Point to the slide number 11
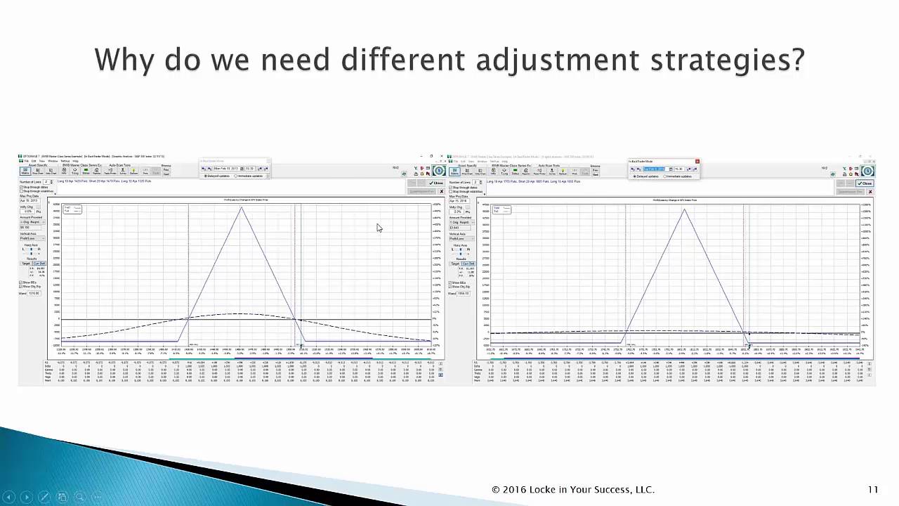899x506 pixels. coord(873,490)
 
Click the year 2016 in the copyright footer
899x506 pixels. coord(514,490)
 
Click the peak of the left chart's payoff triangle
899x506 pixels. coord(242,207)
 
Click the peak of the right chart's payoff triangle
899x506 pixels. coord(684,209)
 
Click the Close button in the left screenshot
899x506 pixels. coord(437,183)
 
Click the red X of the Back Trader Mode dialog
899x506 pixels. coord(697,161)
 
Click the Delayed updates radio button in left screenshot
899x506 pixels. coord(205,176)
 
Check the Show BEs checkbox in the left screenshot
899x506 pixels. coord(21,283)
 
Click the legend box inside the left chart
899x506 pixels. coord(72,209)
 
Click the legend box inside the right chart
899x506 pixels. coord(501,209)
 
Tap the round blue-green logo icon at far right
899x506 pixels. coord(868,171)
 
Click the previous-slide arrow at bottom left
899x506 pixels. coord(9,497)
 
